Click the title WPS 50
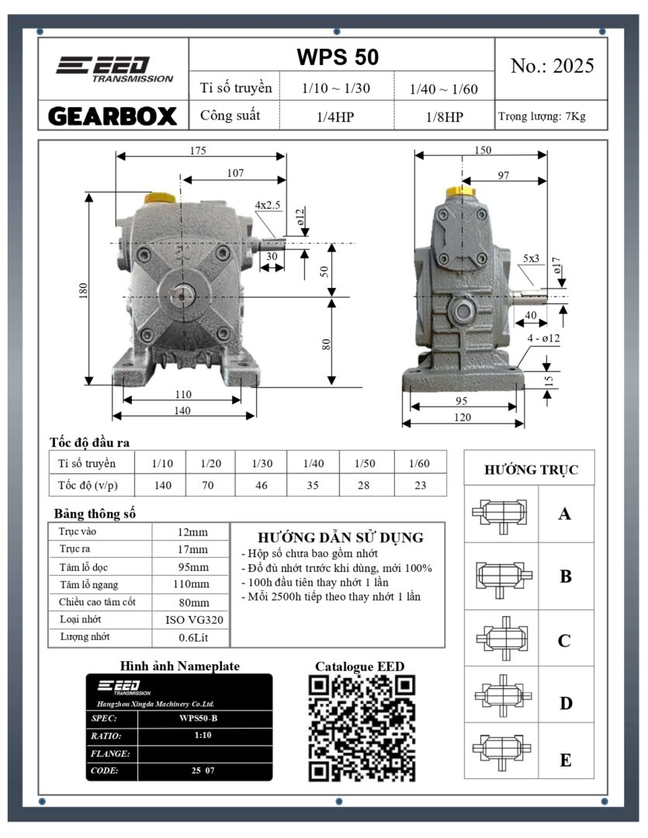(x=338, y=57)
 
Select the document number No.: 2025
(x=553, y=66)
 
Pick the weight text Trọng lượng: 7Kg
(x=542, y=117)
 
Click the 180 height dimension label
(x=84, y=289)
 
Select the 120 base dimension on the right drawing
(x=463, y=417)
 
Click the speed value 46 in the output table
(x=261, y=486)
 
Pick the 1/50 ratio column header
(x=365, y=463)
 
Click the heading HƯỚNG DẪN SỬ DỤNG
(x=340, y=538)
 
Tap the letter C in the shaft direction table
(x=564, y=641)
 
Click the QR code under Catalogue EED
(x=362, y=728)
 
